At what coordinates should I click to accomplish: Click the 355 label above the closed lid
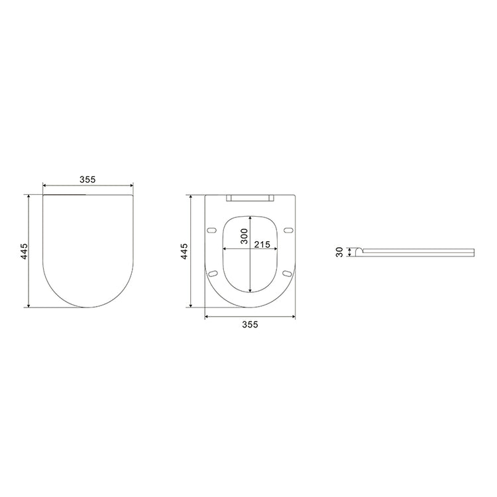87,180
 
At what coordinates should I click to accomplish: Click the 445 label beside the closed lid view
24,251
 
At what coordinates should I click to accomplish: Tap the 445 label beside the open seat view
186,251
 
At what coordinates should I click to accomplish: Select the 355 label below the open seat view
249,325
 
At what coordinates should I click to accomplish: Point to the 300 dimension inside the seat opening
244,236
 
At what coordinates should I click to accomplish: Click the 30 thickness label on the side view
340,252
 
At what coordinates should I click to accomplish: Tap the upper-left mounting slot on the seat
212,230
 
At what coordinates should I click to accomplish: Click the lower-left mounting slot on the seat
212,273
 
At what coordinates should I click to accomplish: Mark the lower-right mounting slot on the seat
287,273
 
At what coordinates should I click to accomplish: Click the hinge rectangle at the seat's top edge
249,198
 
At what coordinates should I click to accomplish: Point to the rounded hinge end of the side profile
359,250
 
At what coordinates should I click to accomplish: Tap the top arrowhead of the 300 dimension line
249,216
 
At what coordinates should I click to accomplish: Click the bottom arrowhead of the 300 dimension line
249,290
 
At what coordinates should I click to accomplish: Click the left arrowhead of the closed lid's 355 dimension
44,186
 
